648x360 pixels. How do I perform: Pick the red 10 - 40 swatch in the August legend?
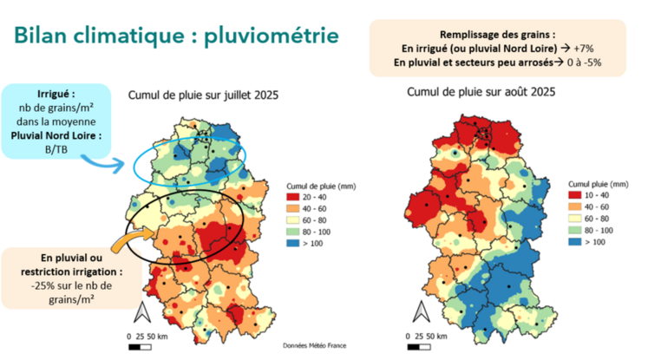pos(577,197)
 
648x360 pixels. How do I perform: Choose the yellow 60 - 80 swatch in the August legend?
pos(577,219)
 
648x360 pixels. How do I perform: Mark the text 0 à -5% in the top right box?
pos(586,62)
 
